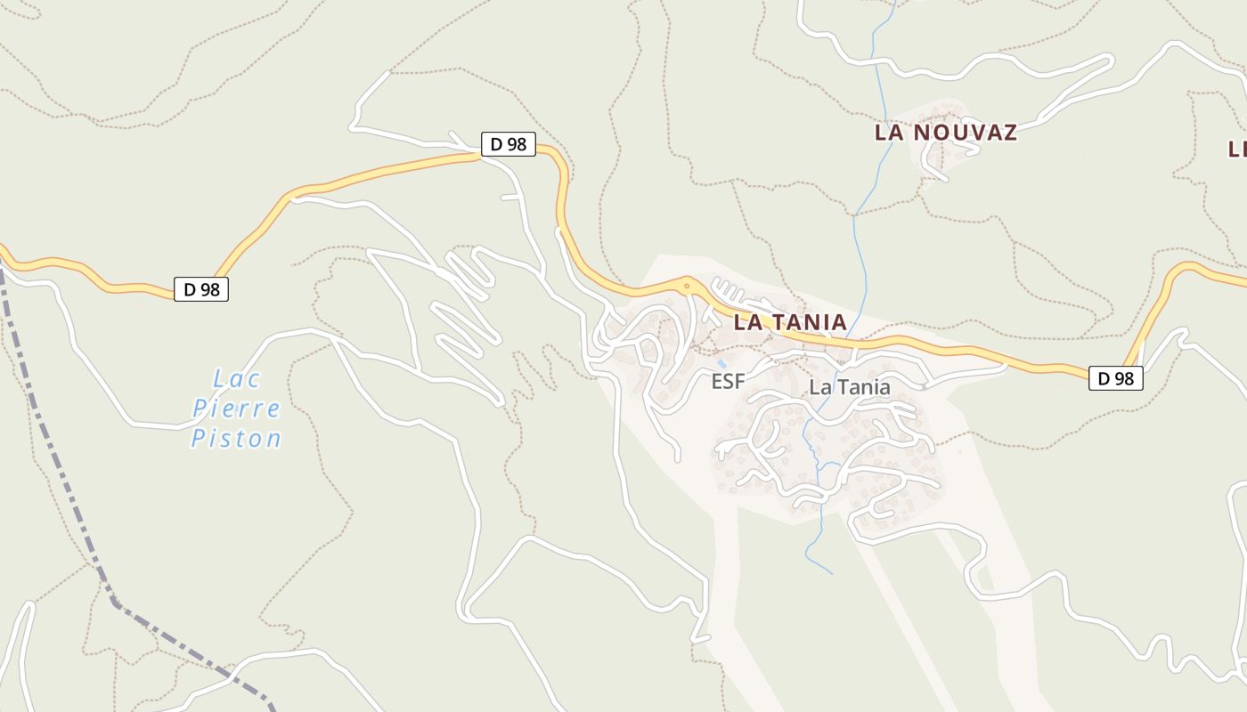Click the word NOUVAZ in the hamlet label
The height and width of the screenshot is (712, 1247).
tap(964, 133)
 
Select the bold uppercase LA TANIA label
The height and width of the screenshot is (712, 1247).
tap(789, 322)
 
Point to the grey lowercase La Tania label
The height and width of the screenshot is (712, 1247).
tap(850, 387)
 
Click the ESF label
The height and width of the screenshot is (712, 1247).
tap(728, 382)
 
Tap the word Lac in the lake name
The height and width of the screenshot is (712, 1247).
tap(238, 379)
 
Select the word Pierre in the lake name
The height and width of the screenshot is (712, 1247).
tap(236, 409)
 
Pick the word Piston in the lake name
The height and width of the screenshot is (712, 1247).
tap(236, 439)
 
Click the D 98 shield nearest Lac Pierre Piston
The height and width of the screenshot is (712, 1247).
tap(201, 289)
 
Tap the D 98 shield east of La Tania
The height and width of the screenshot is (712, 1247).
tap(1115, 378)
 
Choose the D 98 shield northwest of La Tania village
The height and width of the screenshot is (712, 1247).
tap(508, 144)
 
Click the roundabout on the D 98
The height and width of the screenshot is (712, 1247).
tap(687, 287)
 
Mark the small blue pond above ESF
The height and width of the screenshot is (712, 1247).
tap(721, 364)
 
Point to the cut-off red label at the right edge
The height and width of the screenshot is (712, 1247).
tap(1237, 149)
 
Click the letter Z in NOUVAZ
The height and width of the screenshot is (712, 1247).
tap(1009, 133)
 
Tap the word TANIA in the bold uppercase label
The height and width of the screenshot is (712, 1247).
tap(805, 322)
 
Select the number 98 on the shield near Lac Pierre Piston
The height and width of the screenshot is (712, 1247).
tap(211, 289)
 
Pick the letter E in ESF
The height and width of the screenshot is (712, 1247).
tap(717, 382)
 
